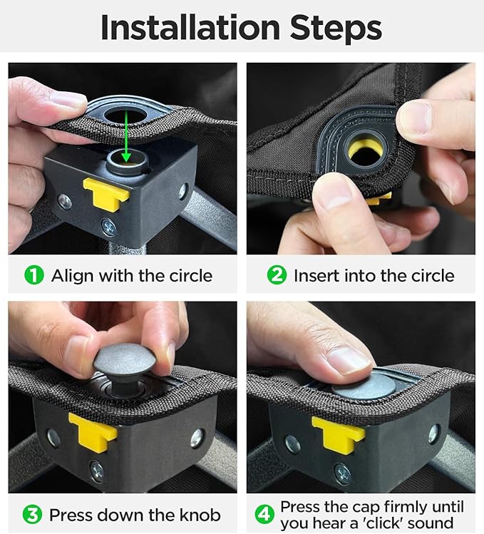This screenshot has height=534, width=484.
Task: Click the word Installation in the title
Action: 190,27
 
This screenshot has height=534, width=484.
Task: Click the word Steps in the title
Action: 336,29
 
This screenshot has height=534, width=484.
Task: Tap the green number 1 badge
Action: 34,275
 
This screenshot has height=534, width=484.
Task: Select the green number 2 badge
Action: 277,275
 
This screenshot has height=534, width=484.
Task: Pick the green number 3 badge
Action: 32,515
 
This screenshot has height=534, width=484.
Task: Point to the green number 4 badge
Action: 264,515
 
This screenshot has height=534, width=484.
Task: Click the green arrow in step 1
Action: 126,137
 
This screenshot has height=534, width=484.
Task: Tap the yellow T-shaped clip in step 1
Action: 106,193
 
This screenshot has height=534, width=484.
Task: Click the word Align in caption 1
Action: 72,276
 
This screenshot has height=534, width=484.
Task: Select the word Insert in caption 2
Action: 316,275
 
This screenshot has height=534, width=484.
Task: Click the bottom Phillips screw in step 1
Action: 108,227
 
